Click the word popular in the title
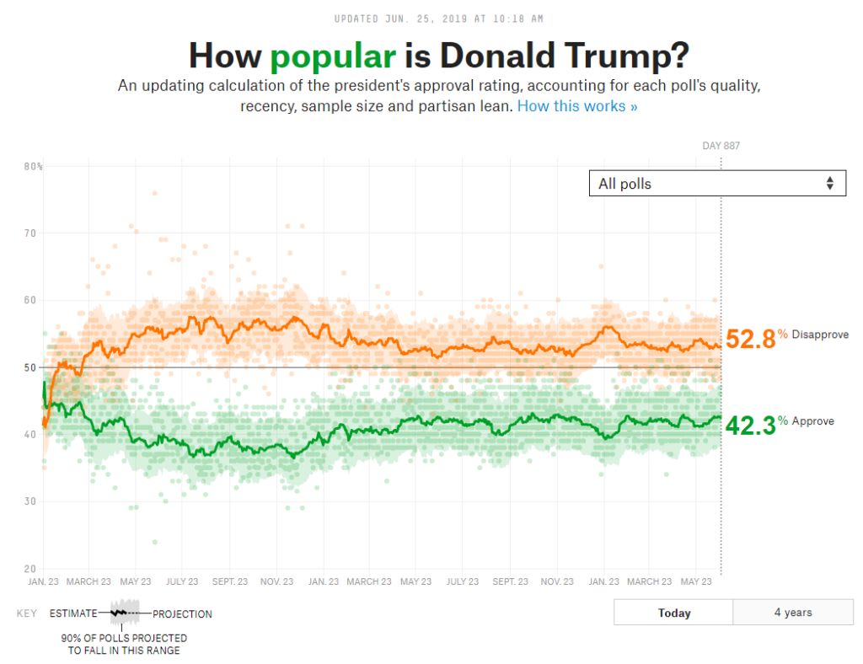(333, 56)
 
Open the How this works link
(577, 106)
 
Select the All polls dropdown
(716, 184)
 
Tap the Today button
(673, 613)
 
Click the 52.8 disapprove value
(750, 339)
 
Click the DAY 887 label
(721, 146)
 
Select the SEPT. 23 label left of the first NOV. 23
(230, 581)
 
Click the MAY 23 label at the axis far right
(695, 581)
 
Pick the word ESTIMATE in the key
(73, 614)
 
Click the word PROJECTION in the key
(182, 614)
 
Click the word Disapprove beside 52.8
(819, 335)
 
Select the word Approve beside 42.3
(812, 421)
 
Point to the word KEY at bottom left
(26, 614)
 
